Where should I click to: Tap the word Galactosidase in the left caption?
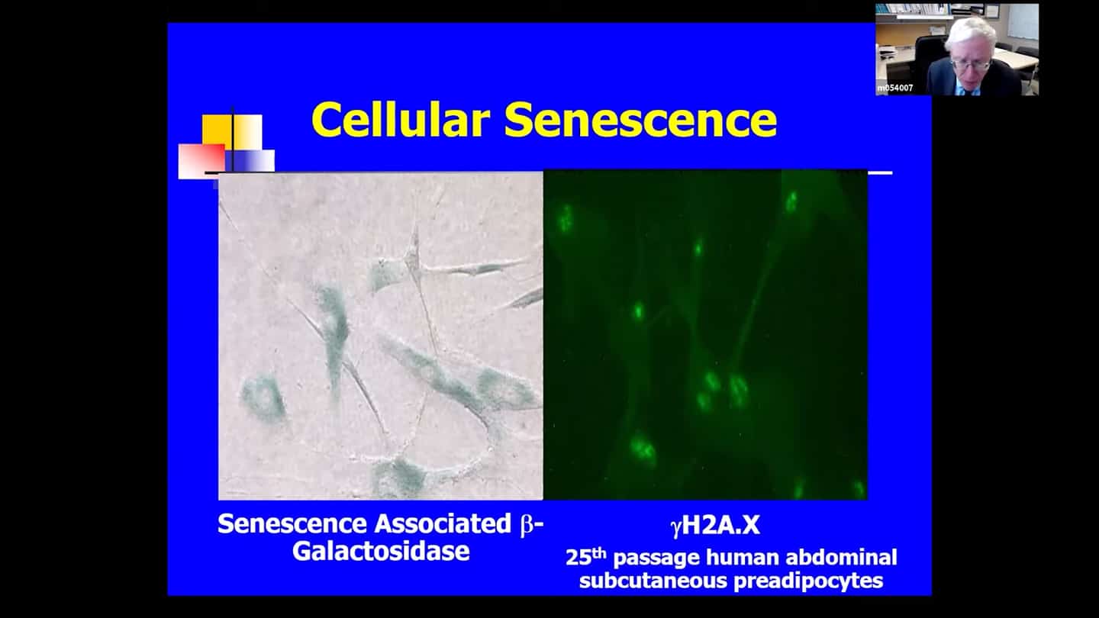(x=381, y=551)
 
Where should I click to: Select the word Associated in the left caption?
(x=443, y=524)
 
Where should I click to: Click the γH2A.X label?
(x=715, y=526)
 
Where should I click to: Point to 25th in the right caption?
(x=586, y=557)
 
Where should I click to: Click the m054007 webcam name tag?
(x=895, y=89)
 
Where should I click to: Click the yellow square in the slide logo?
(x=218, y=130)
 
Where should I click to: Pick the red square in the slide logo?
(x=201, y=161)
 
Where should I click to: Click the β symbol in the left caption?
(x=527, y=525)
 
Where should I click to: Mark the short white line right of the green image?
(x=880, y=172)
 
